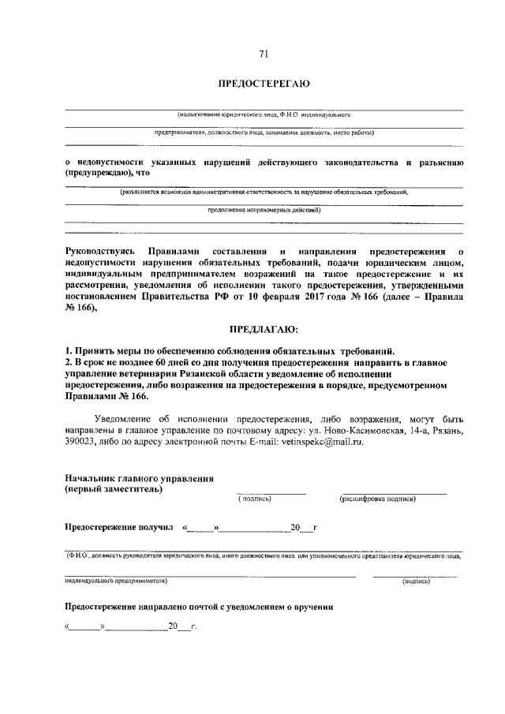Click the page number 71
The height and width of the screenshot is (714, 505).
point(264,54)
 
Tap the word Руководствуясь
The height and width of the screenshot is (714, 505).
point(103,250)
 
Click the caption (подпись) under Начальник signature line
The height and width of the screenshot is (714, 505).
point(254,499)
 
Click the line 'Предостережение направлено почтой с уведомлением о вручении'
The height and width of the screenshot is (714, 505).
point(199,607)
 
